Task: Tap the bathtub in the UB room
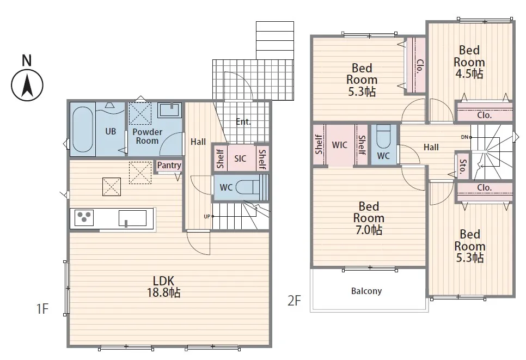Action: click(x=83, y=129)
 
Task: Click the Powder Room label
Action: click(x=147, y=136)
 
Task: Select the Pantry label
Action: click(x=169, y=165)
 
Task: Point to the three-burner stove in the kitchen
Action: click(x=84, y=217)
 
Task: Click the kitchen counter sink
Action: click(x=132, y=218)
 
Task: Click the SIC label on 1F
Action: click(x=240, y=158)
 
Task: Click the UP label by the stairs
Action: click(x=207, y=216)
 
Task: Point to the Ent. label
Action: click(x=243, y=121)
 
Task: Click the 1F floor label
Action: click(x=42, y=309)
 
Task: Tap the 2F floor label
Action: click(x=294, y=301)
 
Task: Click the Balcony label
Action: click(x=366, y=291)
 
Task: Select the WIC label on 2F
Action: click(x=339, y=145)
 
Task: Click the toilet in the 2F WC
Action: click(x=383, y=136)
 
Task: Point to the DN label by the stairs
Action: click(x=464, y=137)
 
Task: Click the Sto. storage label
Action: click(x=463, y=167)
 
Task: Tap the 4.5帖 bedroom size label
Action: click(x=469, y=74)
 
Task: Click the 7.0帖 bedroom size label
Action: click(x=369, y=230)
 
